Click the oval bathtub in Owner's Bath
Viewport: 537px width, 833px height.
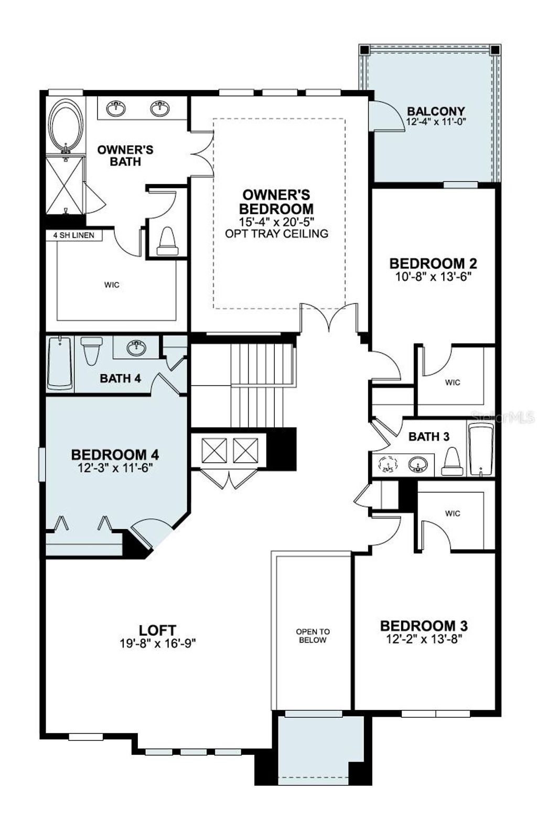point(66,126)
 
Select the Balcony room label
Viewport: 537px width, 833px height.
point(436,112)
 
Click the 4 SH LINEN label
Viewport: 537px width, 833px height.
point(74,236)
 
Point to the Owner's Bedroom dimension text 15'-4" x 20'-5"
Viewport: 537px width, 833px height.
point(276,222)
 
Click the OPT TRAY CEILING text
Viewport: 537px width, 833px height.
point(276,234)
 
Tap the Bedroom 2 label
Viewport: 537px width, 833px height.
point(433,263)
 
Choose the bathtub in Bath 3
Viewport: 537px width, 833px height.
point(480,450)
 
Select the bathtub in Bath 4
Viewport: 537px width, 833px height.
point(60,363)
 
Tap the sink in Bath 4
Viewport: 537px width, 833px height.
point(137,347)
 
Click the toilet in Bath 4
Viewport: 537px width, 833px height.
point(92,350)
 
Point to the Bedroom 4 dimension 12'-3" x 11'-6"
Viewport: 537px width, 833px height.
point(115,468)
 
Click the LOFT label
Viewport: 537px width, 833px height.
point(157,630)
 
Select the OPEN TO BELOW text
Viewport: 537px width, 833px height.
point(313,635)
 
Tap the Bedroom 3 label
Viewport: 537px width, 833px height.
point(424,626)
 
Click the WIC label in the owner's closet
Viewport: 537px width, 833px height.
point(112,285)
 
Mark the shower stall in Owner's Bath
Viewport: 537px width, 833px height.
point(65,184)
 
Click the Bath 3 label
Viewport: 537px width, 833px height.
point(429,436)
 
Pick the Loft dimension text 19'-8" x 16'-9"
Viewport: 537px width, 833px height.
point(157,643)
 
